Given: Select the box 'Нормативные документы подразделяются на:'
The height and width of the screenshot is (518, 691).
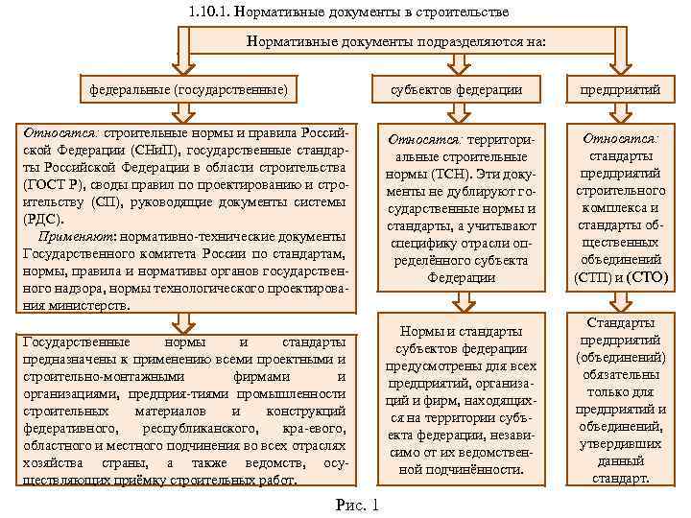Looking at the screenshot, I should point(396,42).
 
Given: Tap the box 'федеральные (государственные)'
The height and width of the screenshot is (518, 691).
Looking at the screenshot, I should point(188,90).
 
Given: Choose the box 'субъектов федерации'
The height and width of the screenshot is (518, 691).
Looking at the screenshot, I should point(457,90).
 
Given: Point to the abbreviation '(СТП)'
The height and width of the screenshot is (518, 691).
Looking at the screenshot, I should point(592,277).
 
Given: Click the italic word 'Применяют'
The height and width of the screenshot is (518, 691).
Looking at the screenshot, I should point(76,237).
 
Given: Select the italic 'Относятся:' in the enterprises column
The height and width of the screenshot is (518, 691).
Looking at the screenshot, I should point(619,138).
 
